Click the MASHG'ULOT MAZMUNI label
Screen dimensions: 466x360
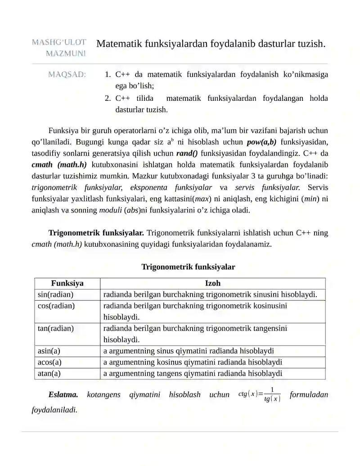(59, 48)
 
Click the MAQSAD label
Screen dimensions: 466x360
(67, 75)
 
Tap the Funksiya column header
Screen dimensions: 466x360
(67, 284)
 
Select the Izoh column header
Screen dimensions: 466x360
(212, 284)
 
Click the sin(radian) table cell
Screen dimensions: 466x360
(55, 295)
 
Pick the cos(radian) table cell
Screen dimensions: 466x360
(56, 306)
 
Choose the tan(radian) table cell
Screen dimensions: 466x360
(56, 328)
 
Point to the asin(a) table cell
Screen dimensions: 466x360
(49, 351)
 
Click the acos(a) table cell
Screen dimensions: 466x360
(49, 362)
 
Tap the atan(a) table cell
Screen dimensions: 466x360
(49, 373)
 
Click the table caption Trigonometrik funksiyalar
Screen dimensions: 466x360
(188, 267)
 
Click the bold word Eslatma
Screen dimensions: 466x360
(63, 395)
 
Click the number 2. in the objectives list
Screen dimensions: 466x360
(108, 98)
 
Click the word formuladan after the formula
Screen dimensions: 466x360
(309, 395)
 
